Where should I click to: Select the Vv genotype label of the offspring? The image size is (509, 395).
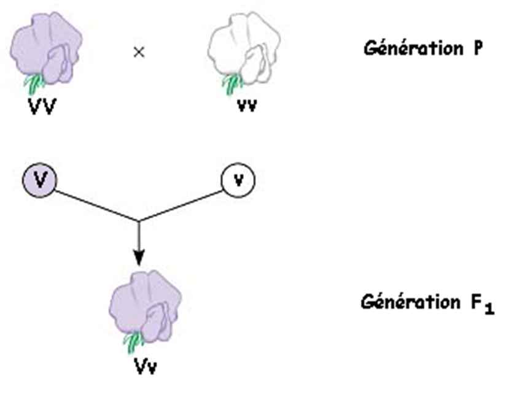[145, 366]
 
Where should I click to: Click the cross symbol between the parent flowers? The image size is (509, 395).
[139, 52]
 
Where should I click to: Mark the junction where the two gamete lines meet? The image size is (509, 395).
[139, 221]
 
